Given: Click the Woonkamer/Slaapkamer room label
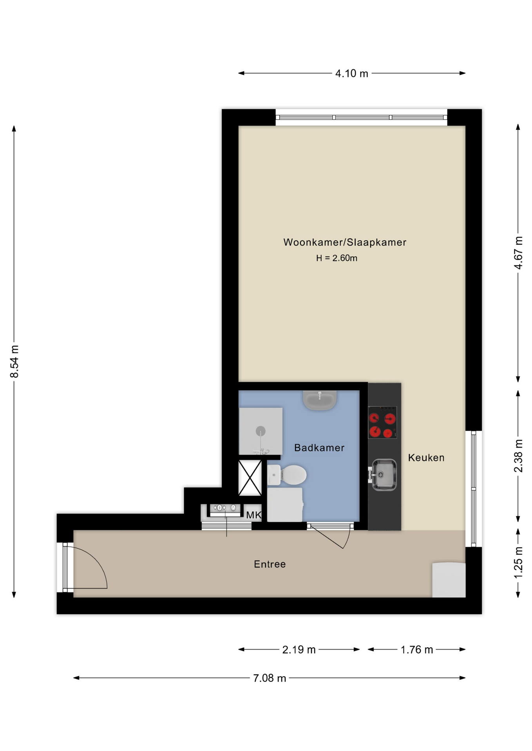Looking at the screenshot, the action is click(x=345, y=243).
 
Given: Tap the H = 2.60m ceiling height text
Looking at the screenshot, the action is click(x=337, y=258).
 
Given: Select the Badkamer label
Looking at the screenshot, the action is click(x=319, y=448).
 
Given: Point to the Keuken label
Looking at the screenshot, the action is click(x=426, y=458).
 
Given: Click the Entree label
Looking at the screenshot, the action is click(x=270, y=564).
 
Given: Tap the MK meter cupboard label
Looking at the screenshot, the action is click(x=253, y=515).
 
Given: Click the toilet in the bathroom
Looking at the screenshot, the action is click(x=287, y=475).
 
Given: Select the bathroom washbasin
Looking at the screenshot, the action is click(x=320, y=400).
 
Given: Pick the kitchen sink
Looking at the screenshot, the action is click(x=383, y=474).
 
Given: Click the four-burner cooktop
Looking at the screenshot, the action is click(x=383, y=422).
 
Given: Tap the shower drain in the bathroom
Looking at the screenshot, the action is click(x=261, y=431).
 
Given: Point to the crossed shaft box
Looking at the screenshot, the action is click(x=250, y=478).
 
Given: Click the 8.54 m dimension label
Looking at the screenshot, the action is click(x=14, y=362).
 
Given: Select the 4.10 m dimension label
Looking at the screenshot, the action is click(x=352, y=74).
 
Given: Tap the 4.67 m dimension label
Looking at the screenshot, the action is click(x=518, y=253).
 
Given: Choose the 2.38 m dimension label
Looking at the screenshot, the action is click(x=518, y=456).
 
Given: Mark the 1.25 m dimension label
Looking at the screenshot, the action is click(x=518, y=562).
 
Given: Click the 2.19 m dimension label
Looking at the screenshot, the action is click(x=299, y=650).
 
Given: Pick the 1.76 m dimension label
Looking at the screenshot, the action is click(x=417, y=650).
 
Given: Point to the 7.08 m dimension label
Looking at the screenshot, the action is click(x=270, y=678).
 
